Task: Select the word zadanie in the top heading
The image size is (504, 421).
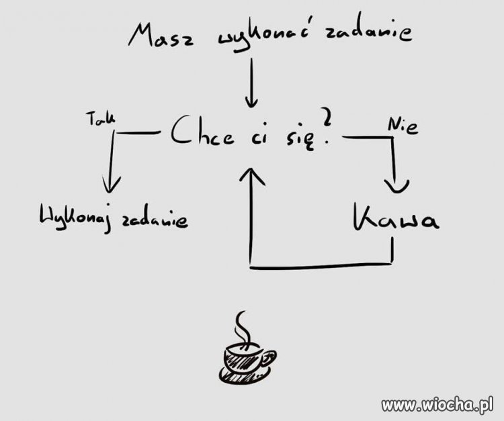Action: (368, 32)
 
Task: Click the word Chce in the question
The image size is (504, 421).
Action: (202, 131)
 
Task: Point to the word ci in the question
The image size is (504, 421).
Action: (258, 137)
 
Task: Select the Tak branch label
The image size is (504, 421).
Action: (99, 118)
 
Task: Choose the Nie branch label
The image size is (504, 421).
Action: (403, 126)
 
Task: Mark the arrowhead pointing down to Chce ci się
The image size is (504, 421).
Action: (251, 102)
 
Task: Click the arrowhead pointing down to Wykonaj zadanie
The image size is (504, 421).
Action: (111, 185)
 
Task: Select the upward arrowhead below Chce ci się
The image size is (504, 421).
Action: (252, 176)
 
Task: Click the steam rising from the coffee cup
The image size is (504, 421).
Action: (243, 328)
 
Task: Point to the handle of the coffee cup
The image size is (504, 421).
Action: (269, 358)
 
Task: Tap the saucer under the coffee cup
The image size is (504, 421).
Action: (245, 376)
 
